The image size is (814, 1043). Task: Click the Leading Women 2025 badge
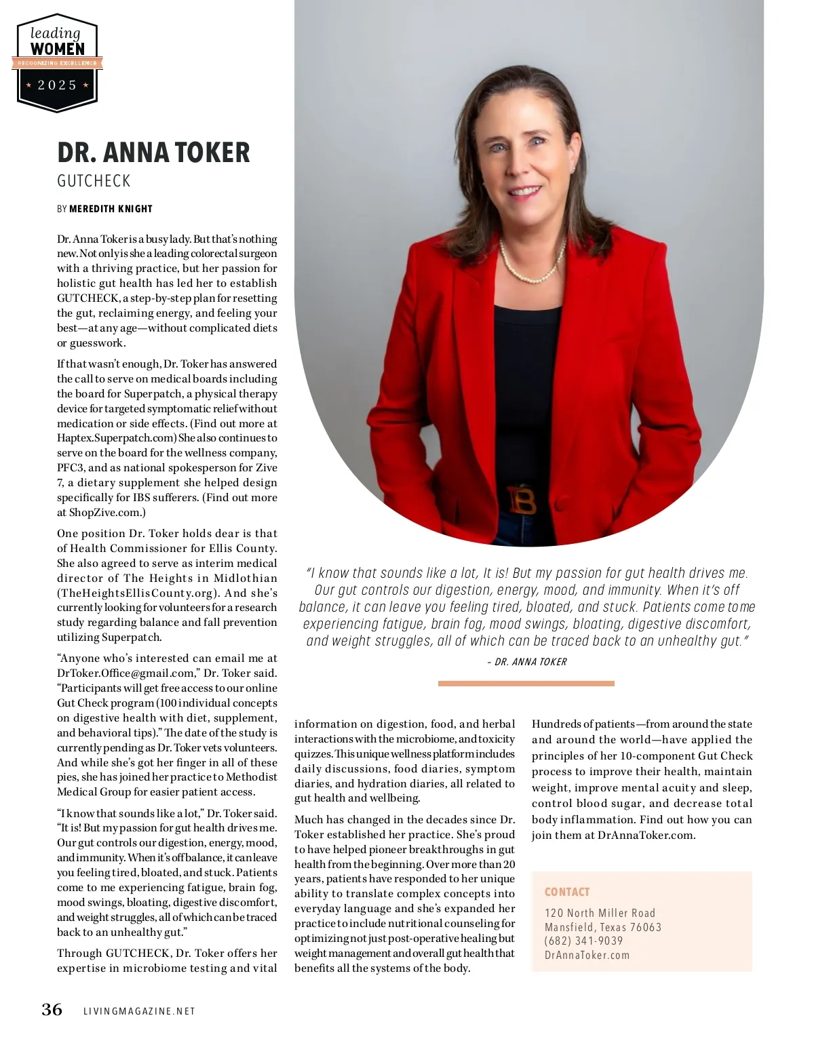coord(57,62)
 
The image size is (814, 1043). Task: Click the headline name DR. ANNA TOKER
coord(153,153)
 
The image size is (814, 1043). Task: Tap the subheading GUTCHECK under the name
coord(94,181)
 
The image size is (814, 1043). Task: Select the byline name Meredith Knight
coord(111,209)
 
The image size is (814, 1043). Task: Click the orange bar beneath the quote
coord(526,684)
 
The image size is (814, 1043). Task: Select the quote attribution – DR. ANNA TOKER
coord(527,662)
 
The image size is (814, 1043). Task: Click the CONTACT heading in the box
coord(567,892)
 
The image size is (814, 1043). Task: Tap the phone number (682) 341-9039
coord(583,941)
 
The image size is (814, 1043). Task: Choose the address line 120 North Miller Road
coord(600,913)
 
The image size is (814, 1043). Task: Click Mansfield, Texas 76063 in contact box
coord(602,927)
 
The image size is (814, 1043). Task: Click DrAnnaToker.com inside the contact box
coord(587,955)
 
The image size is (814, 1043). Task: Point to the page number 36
coord(52,1010)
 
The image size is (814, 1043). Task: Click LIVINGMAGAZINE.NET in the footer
coord(139,1011)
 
